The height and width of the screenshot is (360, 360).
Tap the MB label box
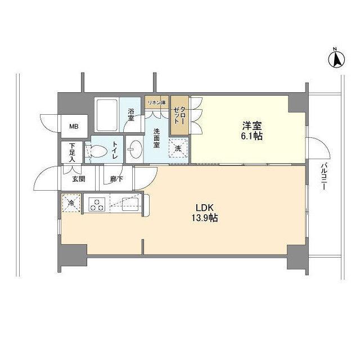point(74,127)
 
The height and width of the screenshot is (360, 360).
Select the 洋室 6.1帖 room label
point(251,130)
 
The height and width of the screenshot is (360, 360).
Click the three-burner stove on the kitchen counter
point(96,204)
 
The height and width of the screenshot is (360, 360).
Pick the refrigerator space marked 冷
point(71,202)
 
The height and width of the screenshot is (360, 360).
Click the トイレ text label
point(115,150)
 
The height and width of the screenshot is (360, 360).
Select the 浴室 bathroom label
point(130,115)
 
